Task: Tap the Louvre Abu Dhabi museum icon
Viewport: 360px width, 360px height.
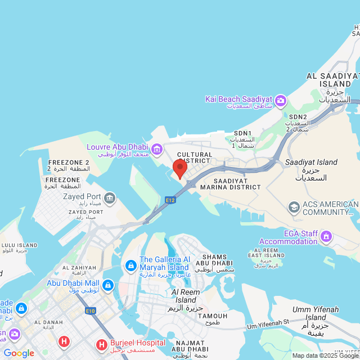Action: click(157, 149)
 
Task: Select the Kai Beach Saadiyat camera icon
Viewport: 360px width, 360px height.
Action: click(280, 101)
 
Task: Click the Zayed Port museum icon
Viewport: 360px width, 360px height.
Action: click(110, 198)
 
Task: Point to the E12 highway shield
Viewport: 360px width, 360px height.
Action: click(170, 200)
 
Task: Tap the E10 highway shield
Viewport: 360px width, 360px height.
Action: click(91, 310)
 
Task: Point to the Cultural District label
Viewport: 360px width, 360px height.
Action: click(195, 157)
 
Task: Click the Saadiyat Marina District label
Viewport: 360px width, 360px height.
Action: click(230, 183)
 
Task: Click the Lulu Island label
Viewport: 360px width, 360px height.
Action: click(20, 246)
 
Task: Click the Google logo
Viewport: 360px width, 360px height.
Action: click(19, 353)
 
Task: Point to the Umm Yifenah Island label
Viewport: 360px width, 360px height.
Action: click(314, 313)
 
